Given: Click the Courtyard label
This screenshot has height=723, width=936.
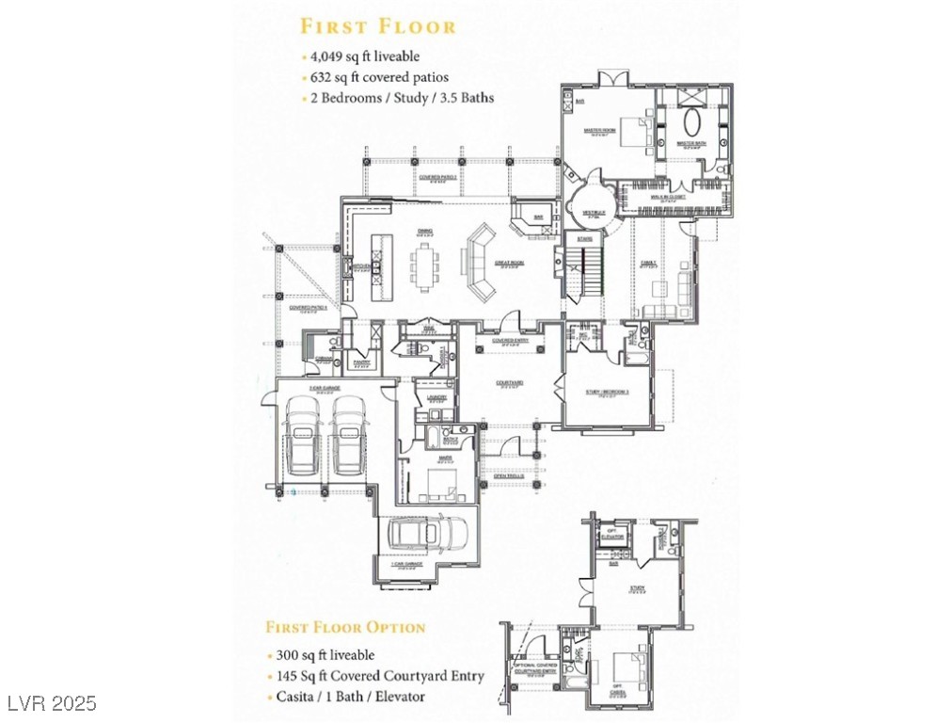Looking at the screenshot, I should (511, 383).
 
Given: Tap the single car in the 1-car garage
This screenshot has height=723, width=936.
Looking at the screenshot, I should (422, 537).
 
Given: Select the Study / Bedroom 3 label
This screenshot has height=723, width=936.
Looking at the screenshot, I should (607, 391).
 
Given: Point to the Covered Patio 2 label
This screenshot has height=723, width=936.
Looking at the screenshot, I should (438, 176).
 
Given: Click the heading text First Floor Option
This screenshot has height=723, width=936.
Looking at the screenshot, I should (345, 627).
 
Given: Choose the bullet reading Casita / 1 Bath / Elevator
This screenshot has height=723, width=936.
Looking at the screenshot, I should (350, 697).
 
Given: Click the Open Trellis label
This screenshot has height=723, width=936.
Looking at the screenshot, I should (509, 476).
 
